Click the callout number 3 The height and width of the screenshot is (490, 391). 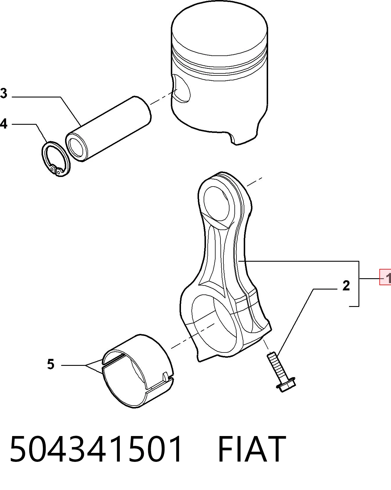click(3, 93)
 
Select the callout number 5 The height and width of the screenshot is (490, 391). click(51, 364)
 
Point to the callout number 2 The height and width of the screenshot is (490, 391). click(346, 286)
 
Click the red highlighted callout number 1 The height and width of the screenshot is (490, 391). click(385, 277)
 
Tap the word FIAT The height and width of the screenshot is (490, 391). click(252, 449)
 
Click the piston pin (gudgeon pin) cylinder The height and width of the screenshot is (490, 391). click(108, 129)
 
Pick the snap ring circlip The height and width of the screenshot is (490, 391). click(55, 159)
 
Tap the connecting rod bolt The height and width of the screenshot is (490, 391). click(281, 371)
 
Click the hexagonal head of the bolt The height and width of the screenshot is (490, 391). click(286, 384)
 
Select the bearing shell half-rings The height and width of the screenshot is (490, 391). click(138, 371)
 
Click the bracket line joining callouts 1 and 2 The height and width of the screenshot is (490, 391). click(359, 283)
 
